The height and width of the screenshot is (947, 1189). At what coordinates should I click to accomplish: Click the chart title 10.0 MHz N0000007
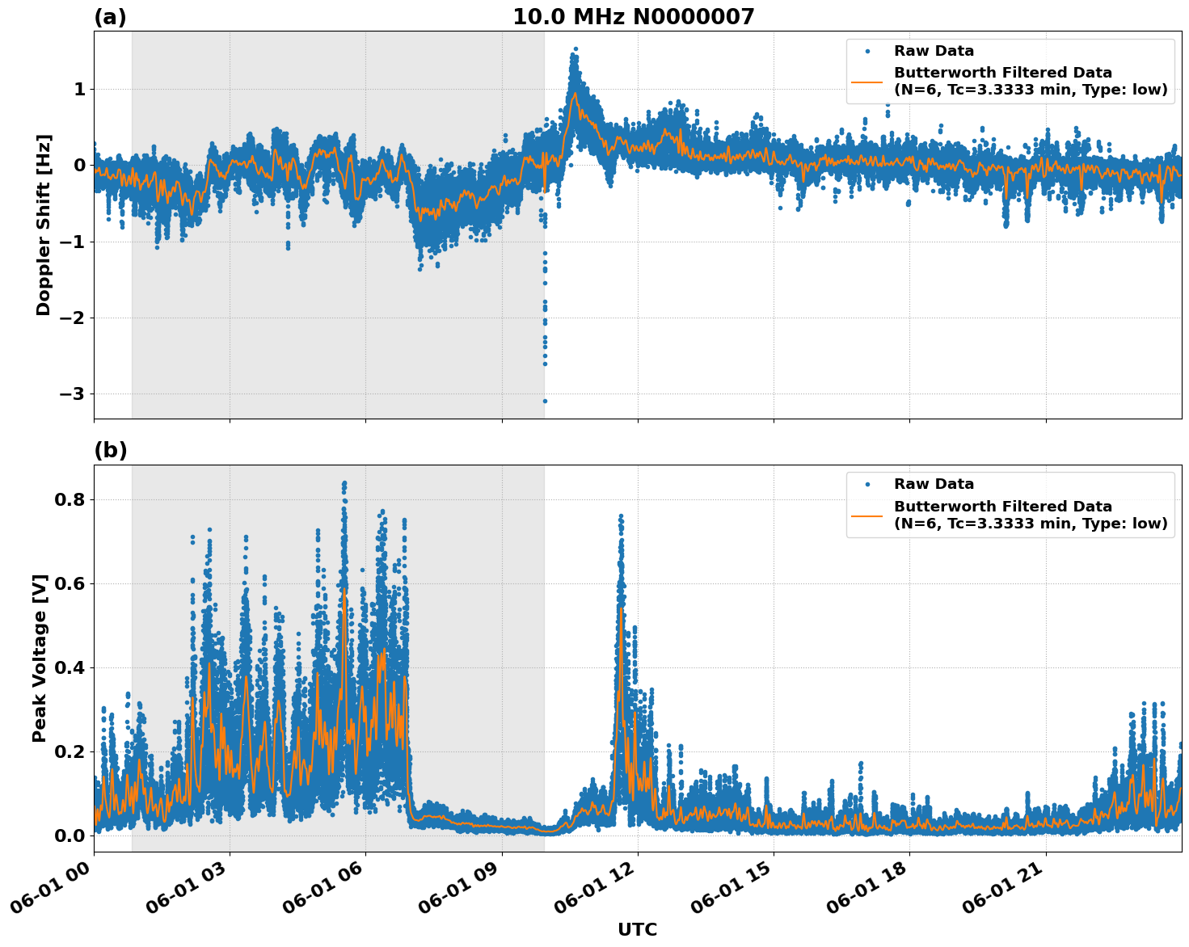click(x=633, y=17)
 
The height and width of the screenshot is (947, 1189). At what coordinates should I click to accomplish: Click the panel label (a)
click(x=110, y=17)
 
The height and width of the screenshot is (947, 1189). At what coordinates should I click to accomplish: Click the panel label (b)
click(x=110, y=450)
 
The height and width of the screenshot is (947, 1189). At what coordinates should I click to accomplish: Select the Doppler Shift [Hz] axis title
click(x=44, y=225)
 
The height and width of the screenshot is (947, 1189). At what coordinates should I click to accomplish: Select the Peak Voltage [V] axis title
click(x=40, y=658)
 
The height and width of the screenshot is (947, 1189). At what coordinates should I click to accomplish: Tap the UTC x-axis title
click(x=637, y=929)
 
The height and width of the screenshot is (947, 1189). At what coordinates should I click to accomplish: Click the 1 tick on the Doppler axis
click(x=80, y=89)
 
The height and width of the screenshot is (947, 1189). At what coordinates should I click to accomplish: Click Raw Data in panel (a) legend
click(x=934, y=51)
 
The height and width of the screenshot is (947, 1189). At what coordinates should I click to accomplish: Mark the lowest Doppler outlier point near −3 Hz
click(x=545, y=401)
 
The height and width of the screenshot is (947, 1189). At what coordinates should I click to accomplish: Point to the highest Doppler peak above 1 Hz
click(x=575, y=49)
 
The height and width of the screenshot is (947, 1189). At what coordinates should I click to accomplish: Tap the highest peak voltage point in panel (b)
click(x=344, y=483)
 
